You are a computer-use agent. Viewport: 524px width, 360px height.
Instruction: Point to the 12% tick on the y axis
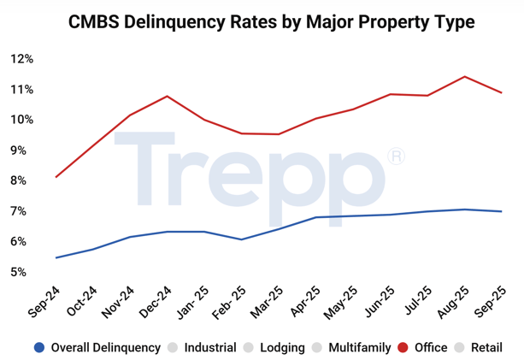coord(21,59)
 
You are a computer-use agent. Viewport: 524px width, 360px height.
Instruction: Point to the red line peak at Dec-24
coord(167,96)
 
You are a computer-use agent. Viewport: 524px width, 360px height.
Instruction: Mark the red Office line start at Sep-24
coord(56,177)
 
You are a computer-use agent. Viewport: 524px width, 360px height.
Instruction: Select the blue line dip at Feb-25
coord(241,239)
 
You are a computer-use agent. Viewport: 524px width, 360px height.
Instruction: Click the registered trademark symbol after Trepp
coord(395,156)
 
